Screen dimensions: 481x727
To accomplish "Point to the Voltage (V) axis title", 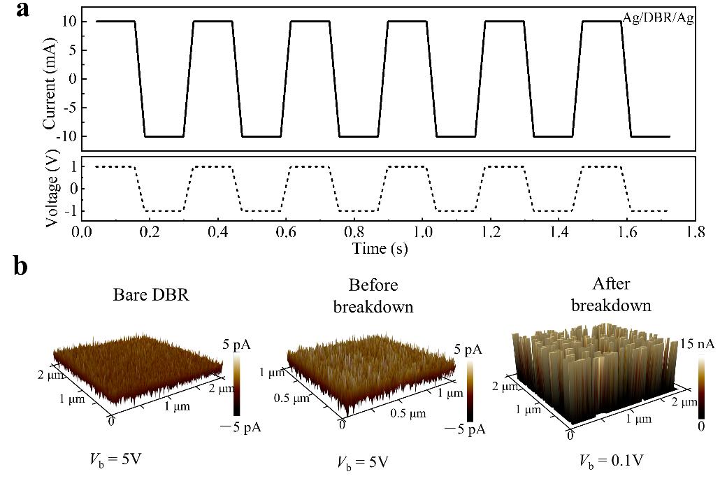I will click(x=50, y=189).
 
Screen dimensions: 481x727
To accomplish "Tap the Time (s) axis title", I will click(x=380, y=247).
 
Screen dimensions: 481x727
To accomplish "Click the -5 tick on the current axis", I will click(x=69, y=108).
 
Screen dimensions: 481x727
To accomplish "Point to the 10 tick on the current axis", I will click(x=69, y=21).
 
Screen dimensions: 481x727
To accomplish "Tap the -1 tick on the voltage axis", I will click(x=69, y=210).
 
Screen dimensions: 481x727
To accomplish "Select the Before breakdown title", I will click(x=382, y=295).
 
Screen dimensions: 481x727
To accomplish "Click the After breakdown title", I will click(x=610, y=294).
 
